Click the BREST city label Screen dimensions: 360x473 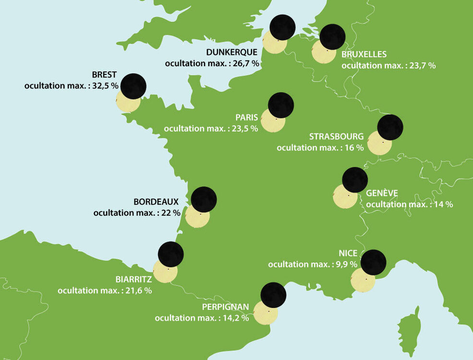click(x=104, y=75)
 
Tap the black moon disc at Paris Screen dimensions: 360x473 click(x=281, y=105)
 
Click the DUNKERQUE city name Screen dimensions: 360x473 click(x=231, y=52)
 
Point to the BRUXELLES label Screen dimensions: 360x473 click(x=364, y=55)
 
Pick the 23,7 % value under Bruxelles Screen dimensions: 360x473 click(x=422, y=65)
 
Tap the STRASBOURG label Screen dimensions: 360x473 click(x=336, y=137)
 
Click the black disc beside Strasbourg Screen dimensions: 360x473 click(x=390, y=127)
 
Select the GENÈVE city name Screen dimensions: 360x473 click(x=382, y=193)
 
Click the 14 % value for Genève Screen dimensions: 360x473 click(x=443, y=204)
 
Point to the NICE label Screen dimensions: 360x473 click(x=348, y=253)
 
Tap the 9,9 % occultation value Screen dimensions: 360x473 click(x=346, y=264)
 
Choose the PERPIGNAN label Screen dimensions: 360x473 click(x=225, y=307)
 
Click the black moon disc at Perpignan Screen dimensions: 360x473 click(x=273, y=295)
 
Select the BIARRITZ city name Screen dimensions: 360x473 click(x=133, y=279)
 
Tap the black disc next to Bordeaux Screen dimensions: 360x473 click(x=204, y=199)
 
